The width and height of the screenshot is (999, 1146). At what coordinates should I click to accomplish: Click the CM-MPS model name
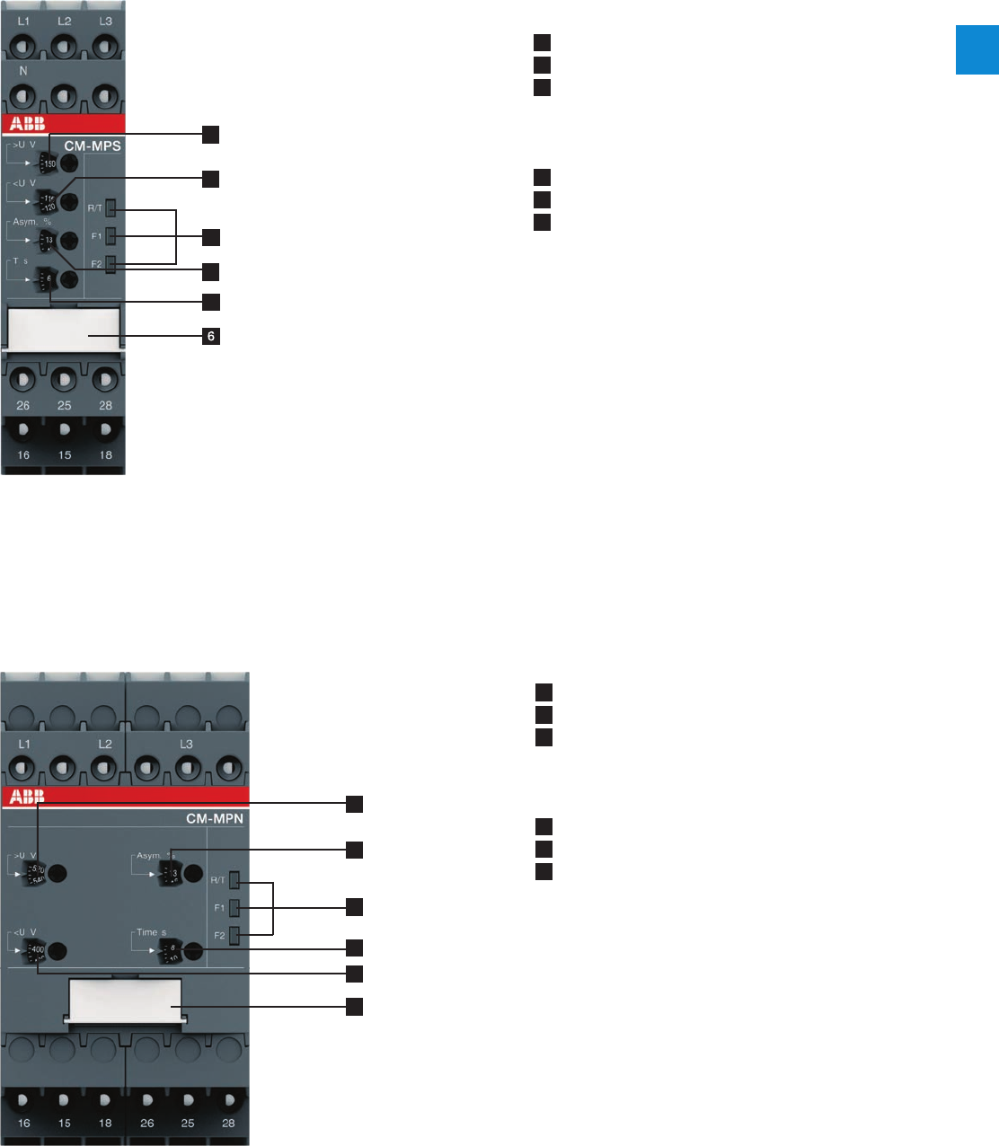point(93,145)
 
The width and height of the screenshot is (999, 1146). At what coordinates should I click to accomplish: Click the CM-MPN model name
point(215,818)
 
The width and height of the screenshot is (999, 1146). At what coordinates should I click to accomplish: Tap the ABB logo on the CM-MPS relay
point(27,124)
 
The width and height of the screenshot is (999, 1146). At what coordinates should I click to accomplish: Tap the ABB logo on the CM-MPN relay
point(27,796)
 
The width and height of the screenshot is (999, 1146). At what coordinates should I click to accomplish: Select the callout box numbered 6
point(211,337)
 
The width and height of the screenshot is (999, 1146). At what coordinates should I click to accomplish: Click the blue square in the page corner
point(977,50)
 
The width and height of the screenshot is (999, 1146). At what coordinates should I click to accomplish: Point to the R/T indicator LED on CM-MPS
point(111,208)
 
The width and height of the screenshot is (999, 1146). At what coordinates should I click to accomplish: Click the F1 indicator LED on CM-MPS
point(111,236)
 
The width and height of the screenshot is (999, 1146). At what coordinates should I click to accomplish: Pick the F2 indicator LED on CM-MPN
point(234,936)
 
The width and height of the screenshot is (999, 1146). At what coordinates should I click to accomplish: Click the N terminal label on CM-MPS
point(23,70)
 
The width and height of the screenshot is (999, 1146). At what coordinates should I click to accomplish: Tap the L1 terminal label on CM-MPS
point(23,21)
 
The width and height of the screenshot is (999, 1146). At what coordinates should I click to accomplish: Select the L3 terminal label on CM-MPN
point(186,745)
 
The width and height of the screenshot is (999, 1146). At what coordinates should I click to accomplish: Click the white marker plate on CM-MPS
point(64,328)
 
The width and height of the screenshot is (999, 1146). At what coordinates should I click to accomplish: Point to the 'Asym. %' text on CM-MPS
point(31,222)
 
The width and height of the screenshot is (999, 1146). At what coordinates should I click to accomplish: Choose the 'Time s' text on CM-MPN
point(151,932)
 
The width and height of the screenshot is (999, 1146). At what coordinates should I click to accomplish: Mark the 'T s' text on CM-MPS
point(21,261)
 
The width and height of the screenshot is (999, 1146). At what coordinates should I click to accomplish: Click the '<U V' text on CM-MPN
point(26,932)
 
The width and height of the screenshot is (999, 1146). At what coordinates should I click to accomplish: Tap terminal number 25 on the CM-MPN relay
point(188,1123)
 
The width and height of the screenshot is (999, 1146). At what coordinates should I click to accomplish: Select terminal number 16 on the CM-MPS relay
point(23,455)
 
